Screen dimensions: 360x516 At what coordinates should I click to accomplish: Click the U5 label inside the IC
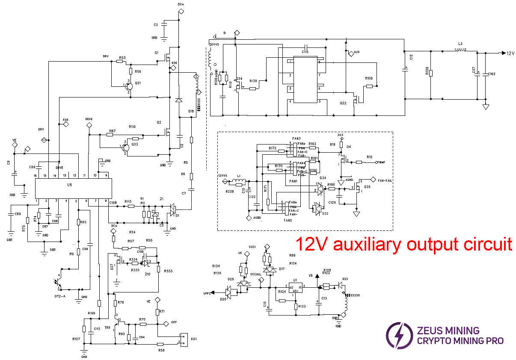(x=70, y=185)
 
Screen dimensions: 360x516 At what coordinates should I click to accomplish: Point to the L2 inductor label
(x=460, y=44)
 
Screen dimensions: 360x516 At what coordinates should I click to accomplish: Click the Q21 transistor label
(x=138, y=83)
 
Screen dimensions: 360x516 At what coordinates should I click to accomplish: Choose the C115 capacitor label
(x=305, y=51)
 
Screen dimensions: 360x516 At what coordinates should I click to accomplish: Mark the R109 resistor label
(x=368, y=79)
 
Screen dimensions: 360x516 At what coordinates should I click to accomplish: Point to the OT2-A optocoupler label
(x=59, y=296)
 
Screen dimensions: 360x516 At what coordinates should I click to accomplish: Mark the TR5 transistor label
(x=107, y=328)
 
